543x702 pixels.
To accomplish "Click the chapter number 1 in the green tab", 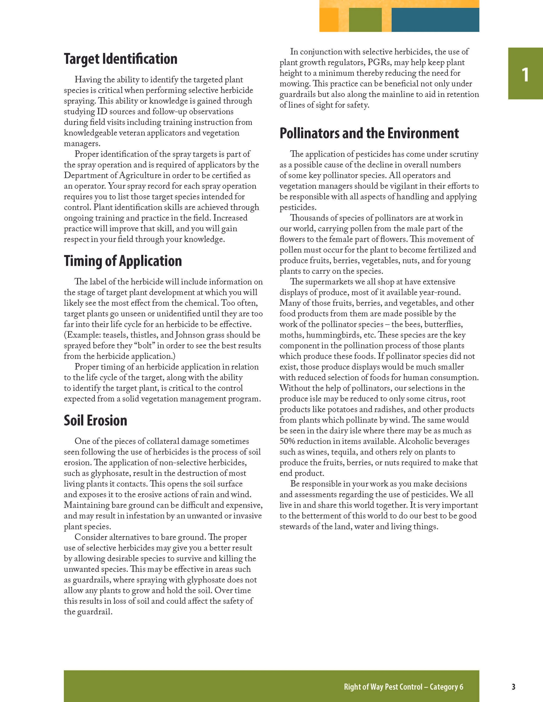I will click(x=525, y=75).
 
